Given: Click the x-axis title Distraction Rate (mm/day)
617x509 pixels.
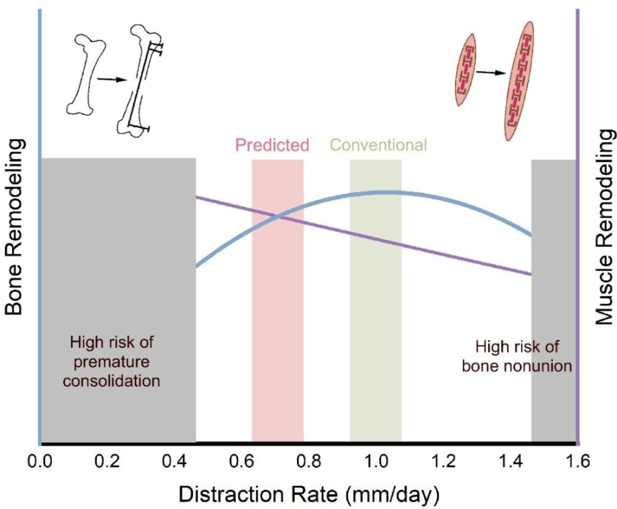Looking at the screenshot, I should coord(308,495).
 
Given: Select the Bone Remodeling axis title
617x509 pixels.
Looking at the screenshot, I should coord(14,227).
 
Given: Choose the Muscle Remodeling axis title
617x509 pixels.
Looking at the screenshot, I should coord(603,227).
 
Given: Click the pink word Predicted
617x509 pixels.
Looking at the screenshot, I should coord(272,145).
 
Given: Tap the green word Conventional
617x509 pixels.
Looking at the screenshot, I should coord(378,145).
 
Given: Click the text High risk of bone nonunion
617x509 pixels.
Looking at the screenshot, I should coord(516,356).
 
